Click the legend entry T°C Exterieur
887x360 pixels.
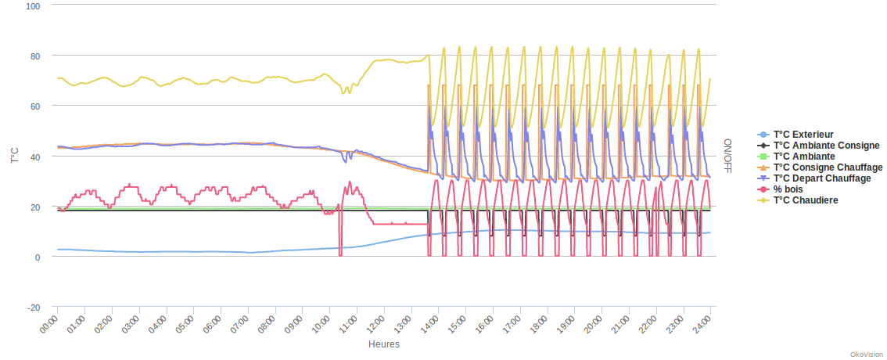point(803,135)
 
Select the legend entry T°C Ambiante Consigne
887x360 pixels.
point(826,146)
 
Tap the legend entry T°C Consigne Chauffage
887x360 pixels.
point(828,167)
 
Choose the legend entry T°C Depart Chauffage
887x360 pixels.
point(821,178)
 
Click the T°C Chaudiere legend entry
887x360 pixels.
point(806,200)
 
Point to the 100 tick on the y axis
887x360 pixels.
point(33,5)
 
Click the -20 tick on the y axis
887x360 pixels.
point(34,308)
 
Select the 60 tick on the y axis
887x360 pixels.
point(35,106)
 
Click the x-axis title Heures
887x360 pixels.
point(384,344)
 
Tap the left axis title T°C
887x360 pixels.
point(15,155)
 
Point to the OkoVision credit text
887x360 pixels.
point(865,355)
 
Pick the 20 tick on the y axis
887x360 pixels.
point(35,207)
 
